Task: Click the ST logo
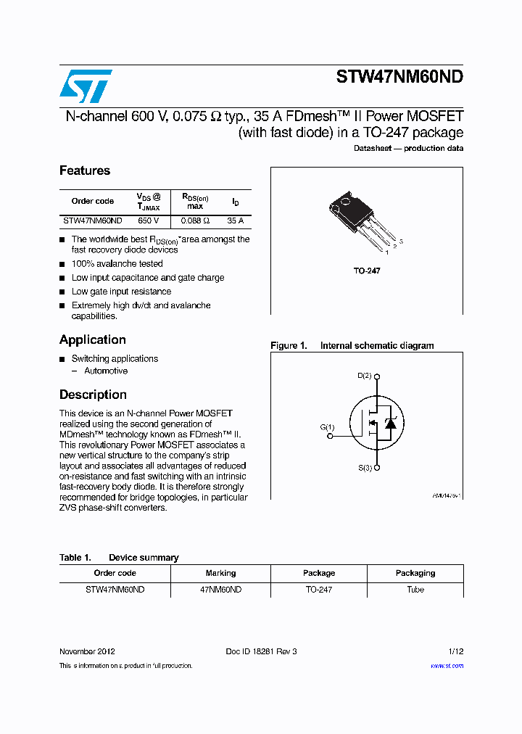tap(86, 86)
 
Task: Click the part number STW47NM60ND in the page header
tap(399, 78)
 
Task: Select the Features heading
tap(85, 170)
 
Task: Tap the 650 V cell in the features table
tap(149, 220)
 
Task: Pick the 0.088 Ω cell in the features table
tap(195, 220)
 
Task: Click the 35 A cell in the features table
tap(235, 220)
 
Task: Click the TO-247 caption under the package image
tap(367, 271)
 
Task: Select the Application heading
tap(93, 339)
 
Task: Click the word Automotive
tap(106, 371)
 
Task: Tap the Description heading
tap(93, 395)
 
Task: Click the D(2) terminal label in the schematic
tap(365, 376)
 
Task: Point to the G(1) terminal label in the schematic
tap(328, 427)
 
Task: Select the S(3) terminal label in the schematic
tap(365, 469)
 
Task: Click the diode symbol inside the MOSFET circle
tap(390, 423)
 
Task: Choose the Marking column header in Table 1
tap(220, 573)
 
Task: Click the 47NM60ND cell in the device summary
tap(220, 590)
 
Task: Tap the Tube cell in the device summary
tap(415, 590)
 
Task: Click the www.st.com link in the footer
tap(447, 666)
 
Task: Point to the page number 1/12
tap(455, 651)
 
